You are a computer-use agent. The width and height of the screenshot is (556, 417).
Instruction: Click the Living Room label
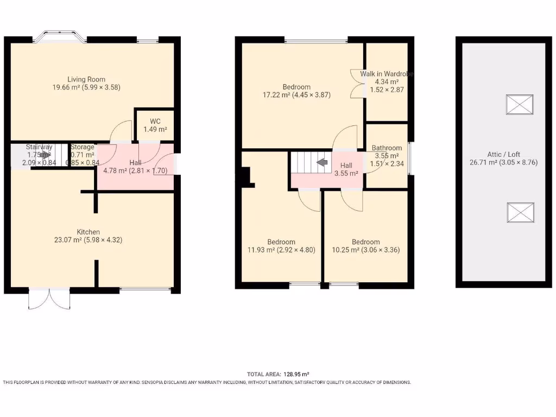pos(86,79)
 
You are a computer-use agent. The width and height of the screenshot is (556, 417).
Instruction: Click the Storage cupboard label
pos(82,147)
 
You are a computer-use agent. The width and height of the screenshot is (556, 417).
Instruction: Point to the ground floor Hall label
pos(135,162)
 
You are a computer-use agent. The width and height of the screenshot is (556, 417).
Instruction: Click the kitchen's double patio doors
pos(49,299)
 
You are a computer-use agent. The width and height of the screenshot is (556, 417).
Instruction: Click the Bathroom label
pos(387,148)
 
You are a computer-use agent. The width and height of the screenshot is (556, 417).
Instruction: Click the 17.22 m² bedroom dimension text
pos(296,94)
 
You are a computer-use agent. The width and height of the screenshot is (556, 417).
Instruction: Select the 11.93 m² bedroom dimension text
pos(281,250)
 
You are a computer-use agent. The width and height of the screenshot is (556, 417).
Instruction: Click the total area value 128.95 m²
pos(294,374)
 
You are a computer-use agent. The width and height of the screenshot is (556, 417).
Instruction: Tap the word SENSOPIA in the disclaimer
pos(157,382)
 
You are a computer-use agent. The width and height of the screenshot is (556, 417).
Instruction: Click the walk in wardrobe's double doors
pos(357,83)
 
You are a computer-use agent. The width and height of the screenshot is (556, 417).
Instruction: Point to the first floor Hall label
pos(346,166)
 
